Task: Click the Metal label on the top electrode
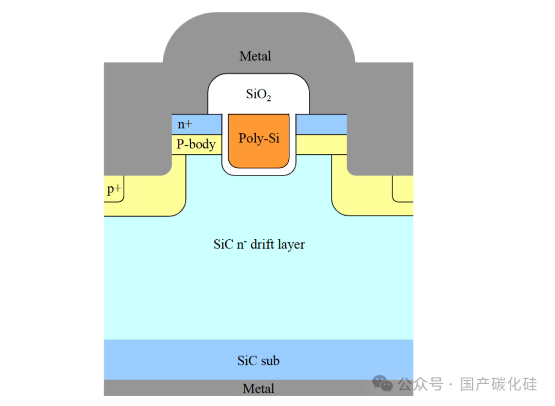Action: click(255, 56)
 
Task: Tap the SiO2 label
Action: click(258, 94)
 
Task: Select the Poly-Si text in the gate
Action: click(259, 138)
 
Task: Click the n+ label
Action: click(185, 124)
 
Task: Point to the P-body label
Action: click(196, 144)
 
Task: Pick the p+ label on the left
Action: click(114, 189)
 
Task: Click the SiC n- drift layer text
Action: click(259, 244)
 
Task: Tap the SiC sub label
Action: click(258, 361)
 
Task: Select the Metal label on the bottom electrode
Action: click(258, 389)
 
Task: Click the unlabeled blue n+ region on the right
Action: click(321, 125)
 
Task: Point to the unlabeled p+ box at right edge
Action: click(403, 189)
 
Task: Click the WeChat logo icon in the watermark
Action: click(383, 384)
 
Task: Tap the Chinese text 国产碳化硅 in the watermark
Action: click(498, 384)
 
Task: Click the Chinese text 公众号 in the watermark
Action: click(420, 384)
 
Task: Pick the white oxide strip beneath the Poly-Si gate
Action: click(258, 171)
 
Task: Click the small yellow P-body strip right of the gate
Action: click(321, 145)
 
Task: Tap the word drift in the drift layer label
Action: click(262, 244)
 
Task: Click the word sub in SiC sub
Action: click(270, 361)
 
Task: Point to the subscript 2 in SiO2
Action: click(269, 98)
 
